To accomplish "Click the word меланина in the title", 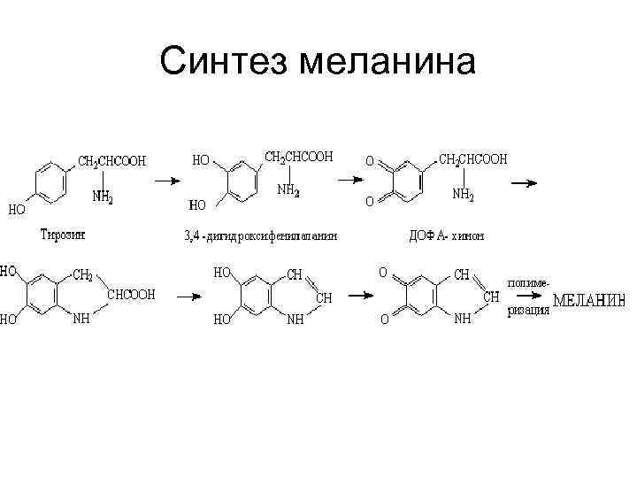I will tap(389, 61).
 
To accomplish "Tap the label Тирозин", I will tap(63, 234).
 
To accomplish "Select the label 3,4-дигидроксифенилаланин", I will tap(260, 235).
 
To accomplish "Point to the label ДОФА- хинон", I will tap(447, 235).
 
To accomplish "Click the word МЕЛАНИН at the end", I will tap(589, 301).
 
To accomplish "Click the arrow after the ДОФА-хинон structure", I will tap(524, 183).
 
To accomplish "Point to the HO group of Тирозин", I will tap(17, 210).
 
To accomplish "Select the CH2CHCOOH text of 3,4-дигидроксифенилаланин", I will tap(299, 157).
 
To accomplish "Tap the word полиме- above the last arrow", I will tap(528, 281).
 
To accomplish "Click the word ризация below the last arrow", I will tap(528, 311).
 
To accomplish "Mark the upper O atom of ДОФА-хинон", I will tap(371, 162).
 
